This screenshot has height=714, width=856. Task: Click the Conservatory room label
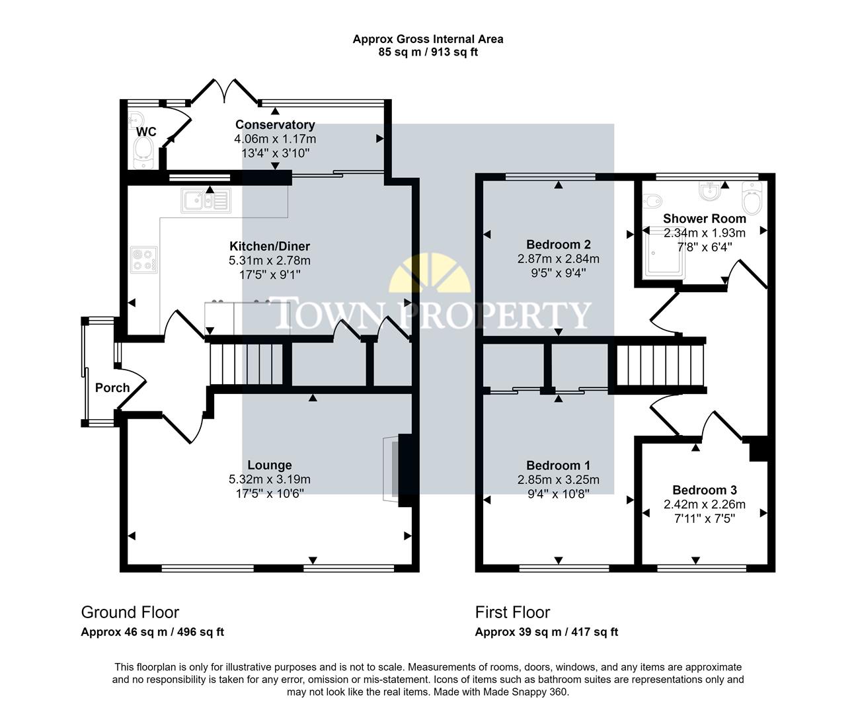(275, 125)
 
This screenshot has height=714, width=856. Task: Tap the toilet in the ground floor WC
(144, 154)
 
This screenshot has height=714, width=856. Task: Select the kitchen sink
(205, 199)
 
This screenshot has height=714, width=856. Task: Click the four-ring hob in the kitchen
(144, 258)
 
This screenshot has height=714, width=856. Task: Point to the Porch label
(112, 387)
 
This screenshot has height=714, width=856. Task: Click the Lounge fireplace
(393, 469)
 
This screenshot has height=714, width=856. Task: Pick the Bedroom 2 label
(558, 245)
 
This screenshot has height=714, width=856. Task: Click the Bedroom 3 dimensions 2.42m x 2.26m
(704, 504)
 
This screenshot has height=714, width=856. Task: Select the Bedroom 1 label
(558, 465)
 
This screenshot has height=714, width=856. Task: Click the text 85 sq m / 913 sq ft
(428, 52)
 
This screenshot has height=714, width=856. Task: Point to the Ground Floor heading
(130, 612)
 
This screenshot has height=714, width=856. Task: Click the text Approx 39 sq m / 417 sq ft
(546, 632)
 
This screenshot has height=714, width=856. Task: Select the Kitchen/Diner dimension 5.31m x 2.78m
(269, 260)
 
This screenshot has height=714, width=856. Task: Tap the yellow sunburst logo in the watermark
(430, 274)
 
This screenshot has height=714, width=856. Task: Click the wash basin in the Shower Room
(709, 192)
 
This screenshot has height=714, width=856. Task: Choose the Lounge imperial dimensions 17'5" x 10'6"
(269, 493)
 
